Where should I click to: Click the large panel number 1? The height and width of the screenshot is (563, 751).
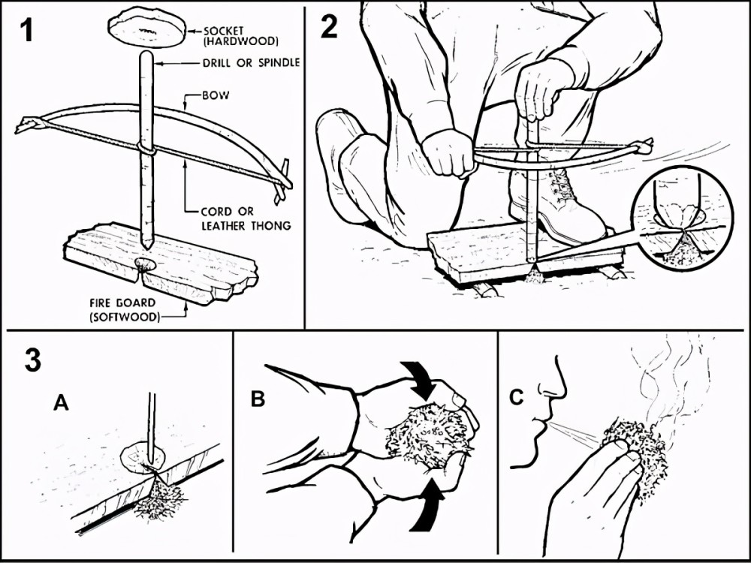click(x=26, y=30)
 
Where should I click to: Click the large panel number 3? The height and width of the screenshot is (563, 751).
click(x=32, y=360)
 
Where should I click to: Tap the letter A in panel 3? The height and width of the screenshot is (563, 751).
click(x=62, y=402)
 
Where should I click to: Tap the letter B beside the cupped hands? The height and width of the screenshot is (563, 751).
click(x=258, y=399)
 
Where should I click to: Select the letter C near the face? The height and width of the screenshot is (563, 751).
click(x=517, y=397)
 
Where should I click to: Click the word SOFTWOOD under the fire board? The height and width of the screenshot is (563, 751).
click(x=125, y=317)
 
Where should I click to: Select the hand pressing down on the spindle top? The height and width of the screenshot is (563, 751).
click(x=541, y=90)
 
